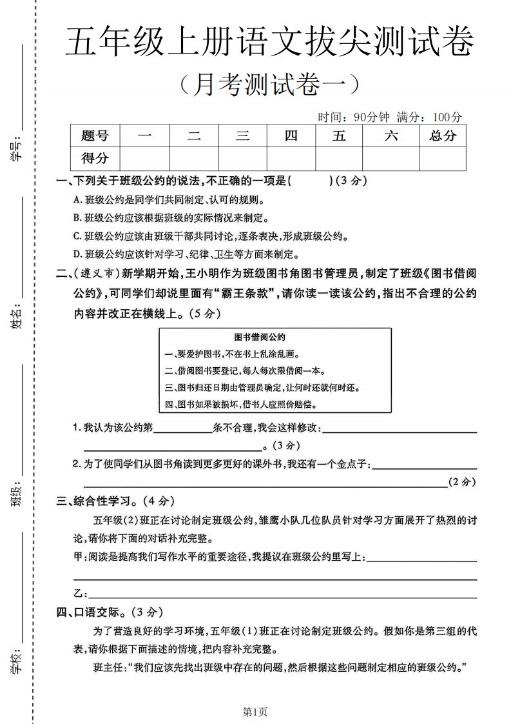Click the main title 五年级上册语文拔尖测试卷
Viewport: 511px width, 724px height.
click(269, 44)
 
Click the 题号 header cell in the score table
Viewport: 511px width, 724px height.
click(95, 136)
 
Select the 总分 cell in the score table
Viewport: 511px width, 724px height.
click(443, 136)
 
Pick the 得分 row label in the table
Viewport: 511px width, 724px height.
click(95, 157)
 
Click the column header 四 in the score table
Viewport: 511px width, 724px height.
click(291, 136)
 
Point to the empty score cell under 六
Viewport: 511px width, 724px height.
click(391, 157)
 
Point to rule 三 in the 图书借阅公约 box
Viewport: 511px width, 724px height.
click(262, 388)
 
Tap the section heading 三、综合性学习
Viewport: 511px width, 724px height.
click(115, 500)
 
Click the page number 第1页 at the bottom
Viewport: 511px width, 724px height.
click(255, 712)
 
